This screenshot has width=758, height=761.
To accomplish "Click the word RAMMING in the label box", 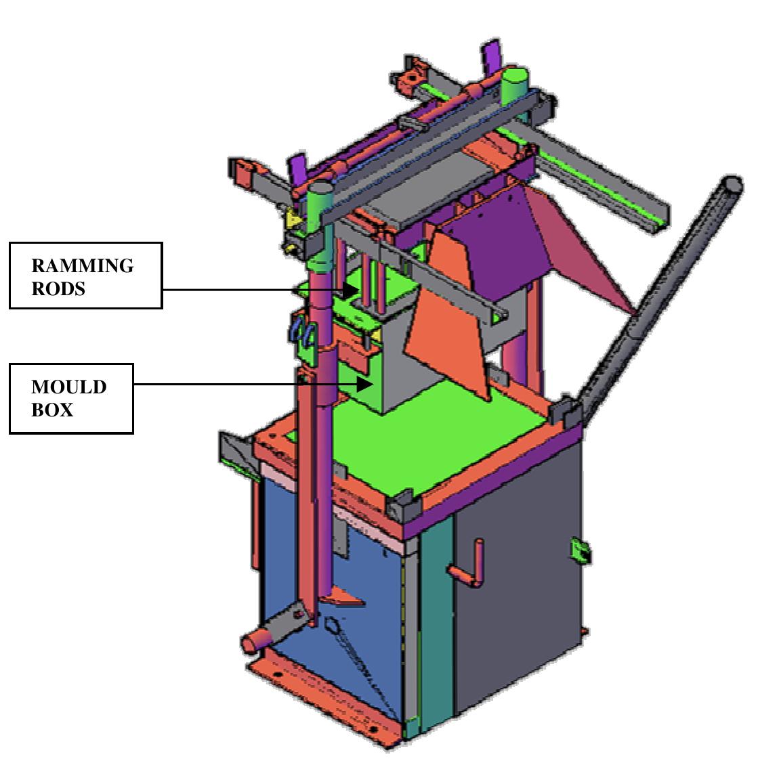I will pos(82,265).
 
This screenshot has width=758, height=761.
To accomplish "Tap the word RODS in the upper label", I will pos(58,288).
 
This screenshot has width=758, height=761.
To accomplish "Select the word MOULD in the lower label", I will pos(68,387).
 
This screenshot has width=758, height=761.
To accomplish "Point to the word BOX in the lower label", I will pos(52,410).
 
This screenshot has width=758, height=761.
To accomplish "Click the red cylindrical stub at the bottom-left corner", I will pos(256,640).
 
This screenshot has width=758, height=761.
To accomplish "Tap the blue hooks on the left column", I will pos(303,332).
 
